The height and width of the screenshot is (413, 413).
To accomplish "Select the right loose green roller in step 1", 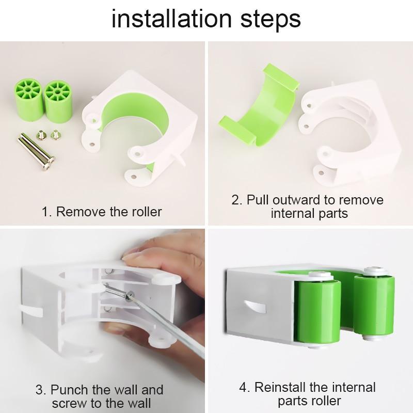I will [57, 99].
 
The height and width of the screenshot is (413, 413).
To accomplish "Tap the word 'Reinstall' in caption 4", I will [287, 387].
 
